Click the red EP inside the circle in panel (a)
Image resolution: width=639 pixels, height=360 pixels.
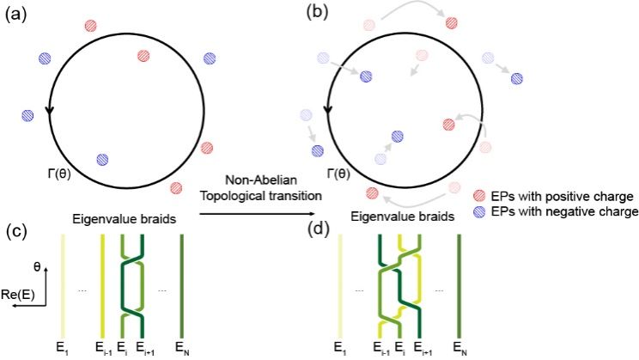(143, 57)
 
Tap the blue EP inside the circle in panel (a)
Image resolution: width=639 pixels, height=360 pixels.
(103, 159)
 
